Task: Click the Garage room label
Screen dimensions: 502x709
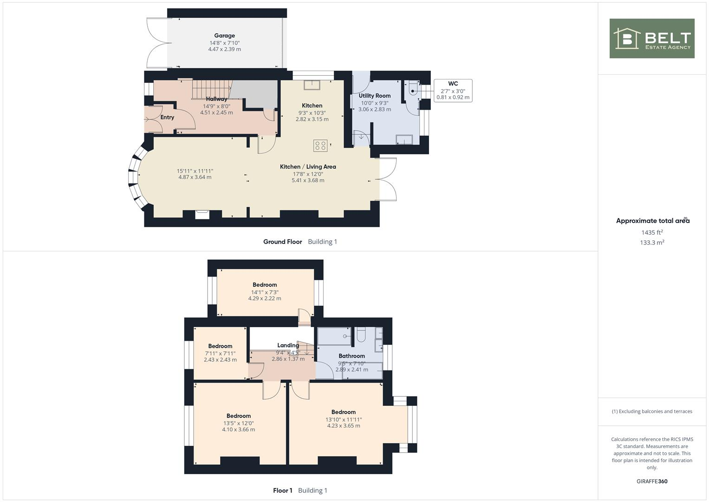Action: [224, 35]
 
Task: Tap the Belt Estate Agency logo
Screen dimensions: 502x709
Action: [651, 39]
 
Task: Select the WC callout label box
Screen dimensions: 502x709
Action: [453, 91]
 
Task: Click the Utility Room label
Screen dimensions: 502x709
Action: [374, 96]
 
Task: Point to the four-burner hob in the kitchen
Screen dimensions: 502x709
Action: [320, 146]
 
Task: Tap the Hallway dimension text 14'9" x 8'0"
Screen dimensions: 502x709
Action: [216, 106]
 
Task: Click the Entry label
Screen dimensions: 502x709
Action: [167, 117]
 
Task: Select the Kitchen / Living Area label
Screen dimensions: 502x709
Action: [307, 166]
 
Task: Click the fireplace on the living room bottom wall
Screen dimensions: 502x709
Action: [202, 214]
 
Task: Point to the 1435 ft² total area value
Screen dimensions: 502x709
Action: [652, 232]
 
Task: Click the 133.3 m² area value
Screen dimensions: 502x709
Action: [652, 243]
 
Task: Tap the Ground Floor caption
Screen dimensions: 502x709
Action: [282, 242]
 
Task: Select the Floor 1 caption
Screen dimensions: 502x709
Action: [282, 490]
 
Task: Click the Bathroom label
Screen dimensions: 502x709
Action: [351, 356]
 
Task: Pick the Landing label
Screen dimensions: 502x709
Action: [288, 345]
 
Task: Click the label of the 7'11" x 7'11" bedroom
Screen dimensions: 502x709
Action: [220, 346]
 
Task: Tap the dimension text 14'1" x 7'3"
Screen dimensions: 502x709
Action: [265, 292]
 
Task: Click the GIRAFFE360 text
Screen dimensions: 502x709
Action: [652, 482]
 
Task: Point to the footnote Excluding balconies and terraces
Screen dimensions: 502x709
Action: [652, 411]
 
